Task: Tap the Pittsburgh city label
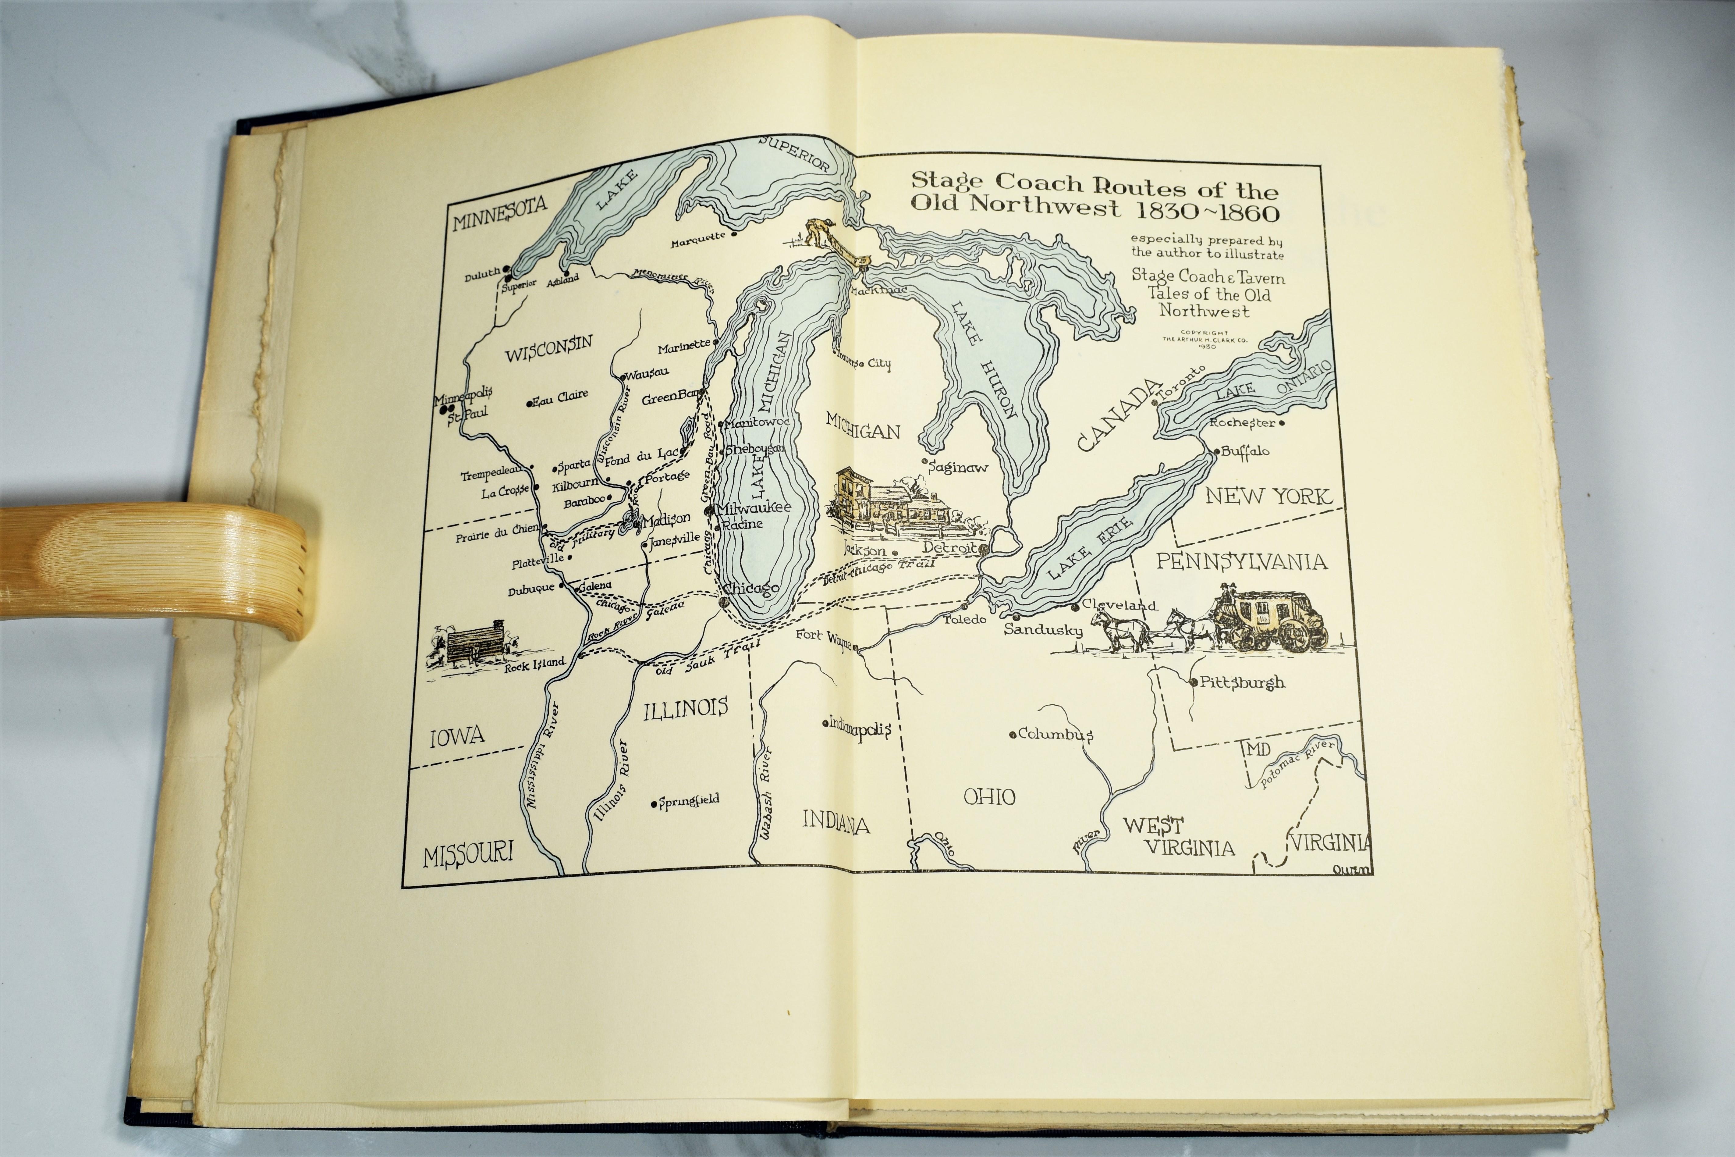point(1241,682)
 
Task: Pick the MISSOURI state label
point(468,854)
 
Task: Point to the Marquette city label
point(699,240)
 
